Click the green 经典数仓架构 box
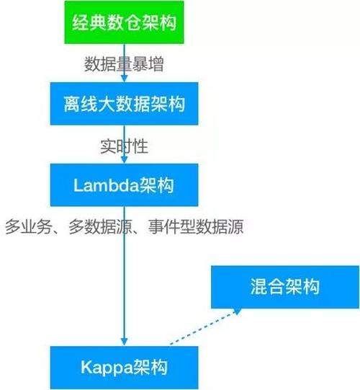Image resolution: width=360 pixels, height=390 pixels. (x=125, y=22)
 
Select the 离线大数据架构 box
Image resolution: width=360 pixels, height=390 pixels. (x=125, y=104)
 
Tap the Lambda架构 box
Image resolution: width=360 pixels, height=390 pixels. (x=125, y=185)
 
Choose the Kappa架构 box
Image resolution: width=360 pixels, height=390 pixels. (x=125, y=368)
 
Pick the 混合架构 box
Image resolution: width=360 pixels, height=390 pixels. (x=285, y=287)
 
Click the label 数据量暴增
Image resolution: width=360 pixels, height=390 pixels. (x=124, y=64)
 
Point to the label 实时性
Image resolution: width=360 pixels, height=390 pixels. (x=124, y=146)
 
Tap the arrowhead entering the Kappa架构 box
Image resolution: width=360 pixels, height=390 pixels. (x=125, y=342)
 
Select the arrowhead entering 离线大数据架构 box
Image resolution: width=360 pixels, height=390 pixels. (x=125, y=79)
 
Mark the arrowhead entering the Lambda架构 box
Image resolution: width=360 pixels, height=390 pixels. (x=125, y=160)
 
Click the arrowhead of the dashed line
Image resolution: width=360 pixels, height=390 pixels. (x=237, y=311)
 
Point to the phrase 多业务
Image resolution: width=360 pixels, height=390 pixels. (x=28, y=226)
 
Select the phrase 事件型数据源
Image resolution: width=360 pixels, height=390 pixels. (x=196, y=226)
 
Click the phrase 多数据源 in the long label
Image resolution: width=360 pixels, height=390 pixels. (x=100, y=226)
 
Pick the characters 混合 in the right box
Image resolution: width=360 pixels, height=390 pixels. (x=267, y=287)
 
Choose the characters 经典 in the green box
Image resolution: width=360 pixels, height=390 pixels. (x=89, y=23)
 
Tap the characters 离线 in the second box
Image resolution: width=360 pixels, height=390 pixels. (x=81, y=104)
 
